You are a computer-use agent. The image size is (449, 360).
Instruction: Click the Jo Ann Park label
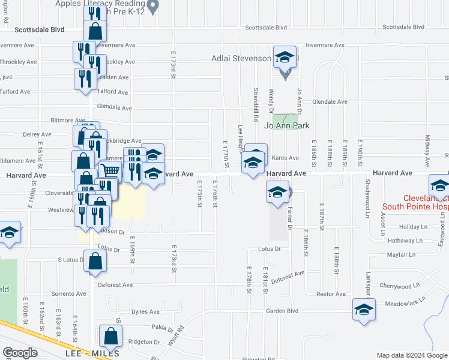click(286, 126)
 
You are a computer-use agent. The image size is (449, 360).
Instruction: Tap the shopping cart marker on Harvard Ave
click(110, 172)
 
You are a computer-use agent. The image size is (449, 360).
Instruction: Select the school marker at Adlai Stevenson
click(285, 57)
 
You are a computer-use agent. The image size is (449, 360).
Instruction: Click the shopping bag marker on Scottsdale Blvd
click(95, 31)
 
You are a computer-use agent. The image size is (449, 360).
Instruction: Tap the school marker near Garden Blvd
click(364, 310)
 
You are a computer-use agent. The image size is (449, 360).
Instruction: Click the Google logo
click(20, 353)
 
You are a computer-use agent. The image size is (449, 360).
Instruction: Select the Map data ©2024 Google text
click(412, 355)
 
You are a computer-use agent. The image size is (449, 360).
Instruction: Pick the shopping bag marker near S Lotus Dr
click(95, 261)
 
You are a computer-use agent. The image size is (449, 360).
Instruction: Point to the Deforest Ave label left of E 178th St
click(115, 285)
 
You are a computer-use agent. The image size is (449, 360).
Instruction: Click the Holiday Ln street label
click(411, 227)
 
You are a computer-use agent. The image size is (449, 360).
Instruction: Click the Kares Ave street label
click(285, 158)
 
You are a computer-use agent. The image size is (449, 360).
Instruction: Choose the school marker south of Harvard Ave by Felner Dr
click(277, 192)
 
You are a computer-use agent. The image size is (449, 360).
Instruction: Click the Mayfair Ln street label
click(400, 254)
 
